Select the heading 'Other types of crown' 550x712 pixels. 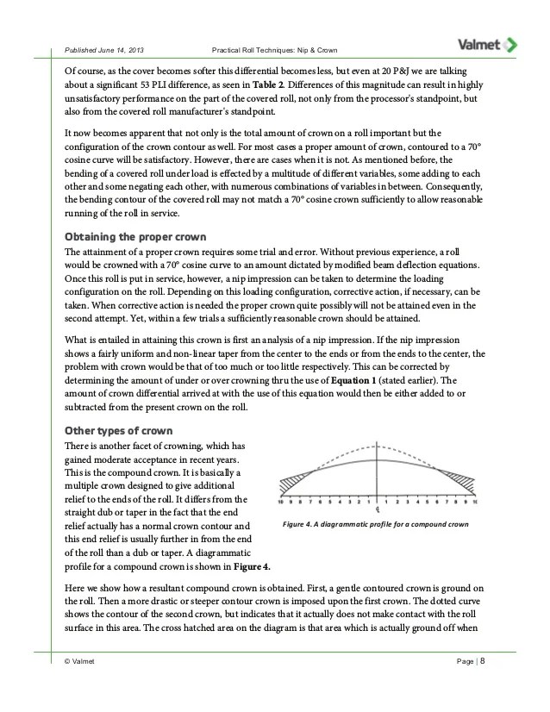coord(119,430)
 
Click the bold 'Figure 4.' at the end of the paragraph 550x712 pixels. coord(254,565)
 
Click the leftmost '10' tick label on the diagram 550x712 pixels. coord(280,501)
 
